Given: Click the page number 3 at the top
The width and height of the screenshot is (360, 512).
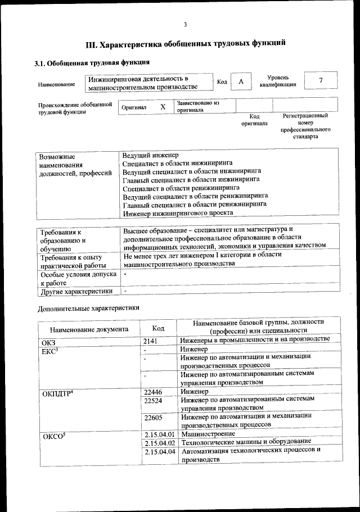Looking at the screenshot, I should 184,24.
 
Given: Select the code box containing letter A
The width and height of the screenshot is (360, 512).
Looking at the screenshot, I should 241,82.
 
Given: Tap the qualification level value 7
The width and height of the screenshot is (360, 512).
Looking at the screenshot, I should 321,80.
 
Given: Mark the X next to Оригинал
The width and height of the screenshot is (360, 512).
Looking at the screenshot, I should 163,106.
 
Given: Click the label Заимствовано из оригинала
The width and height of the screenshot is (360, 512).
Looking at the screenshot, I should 198,107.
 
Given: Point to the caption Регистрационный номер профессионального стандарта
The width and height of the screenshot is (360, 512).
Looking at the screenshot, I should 305,126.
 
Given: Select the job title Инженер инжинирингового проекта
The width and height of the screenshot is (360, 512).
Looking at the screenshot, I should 177,212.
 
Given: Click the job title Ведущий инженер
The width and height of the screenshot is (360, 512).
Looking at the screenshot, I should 150,155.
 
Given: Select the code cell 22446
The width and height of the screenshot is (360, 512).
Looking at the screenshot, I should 153,391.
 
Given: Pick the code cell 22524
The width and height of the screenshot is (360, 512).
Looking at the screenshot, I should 153,400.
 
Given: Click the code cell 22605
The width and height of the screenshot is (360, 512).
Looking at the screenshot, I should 153,418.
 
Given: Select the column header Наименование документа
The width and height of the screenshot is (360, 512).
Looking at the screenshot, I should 89,329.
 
